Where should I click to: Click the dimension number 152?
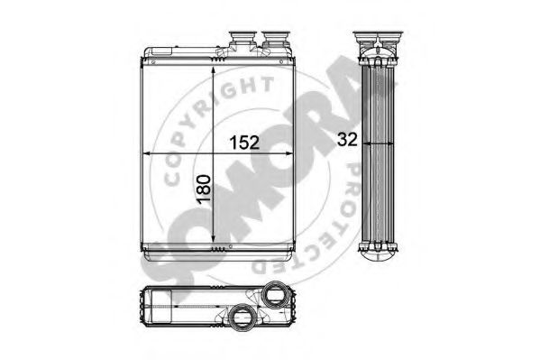coord(244,142)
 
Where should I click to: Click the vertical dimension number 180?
coord(204,189)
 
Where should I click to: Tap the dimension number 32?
coord(347,139)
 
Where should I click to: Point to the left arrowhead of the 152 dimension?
coord(146,153)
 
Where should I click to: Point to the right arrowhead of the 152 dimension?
coord(289,153)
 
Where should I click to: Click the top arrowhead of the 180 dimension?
coord(213,70)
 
